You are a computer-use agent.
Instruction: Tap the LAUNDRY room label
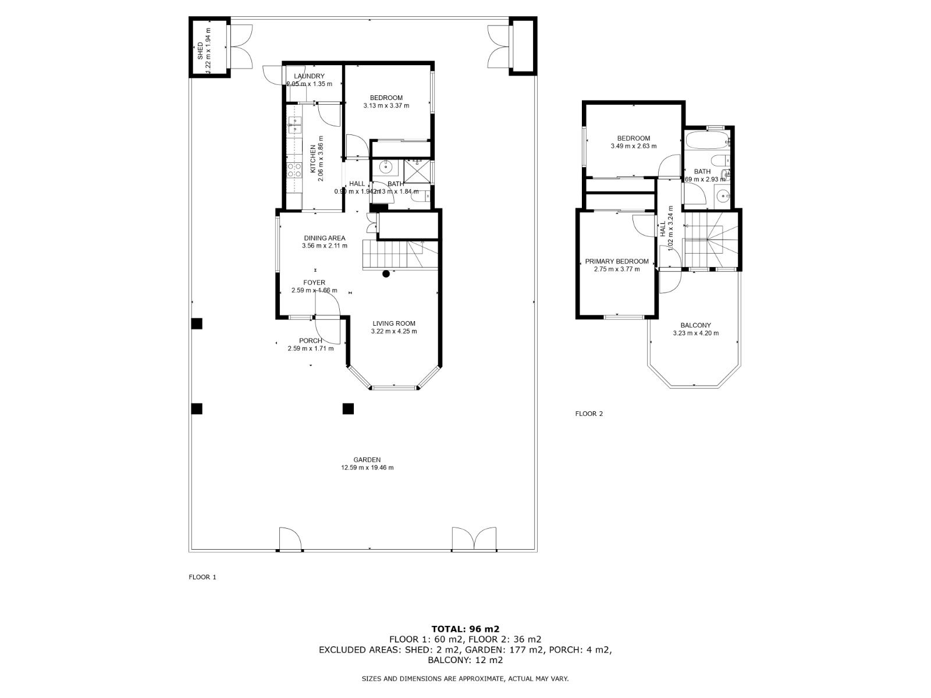coord(309,76)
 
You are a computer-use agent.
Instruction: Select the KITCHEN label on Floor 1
coord(313,159)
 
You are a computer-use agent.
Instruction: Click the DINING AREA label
coord(324,238)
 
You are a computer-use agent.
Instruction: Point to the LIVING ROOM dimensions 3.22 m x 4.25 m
coord(394,332)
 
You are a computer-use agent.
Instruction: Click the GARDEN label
coord(367,460)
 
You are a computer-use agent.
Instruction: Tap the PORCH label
coord(310,341)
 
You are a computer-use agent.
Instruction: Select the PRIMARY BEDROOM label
coord(616,262)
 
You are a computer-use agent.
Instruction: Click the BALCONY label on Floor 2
coord(695,326)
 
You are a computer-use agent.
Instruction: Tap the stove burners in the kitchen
coord(294,169)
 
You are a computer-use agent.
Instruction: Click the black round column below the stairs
coord(386,274)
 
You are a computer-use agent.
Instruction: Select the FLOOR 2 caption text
coord(589,414)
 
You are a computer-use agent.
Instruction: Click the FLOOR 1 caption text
coord(202,577)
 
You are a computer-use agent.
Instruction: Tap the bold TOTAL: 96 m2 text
coord(465,629)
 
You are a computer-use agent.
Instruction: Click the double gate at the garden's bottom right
coord(474,540)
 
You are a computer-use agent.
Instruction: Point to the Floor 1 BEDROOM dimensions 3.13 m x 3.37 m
coord(386,106)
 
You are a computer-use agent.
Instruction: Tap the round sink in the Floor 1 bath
coord(386,168)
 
